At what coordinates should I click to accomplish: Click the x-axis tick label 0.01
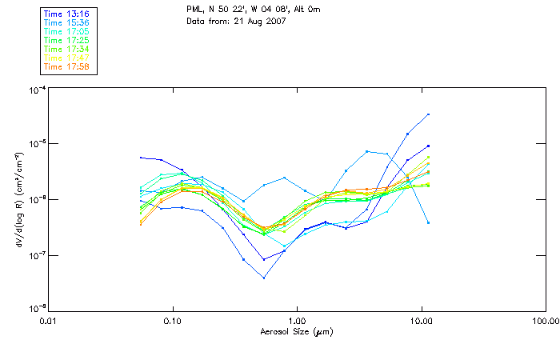[48, 321]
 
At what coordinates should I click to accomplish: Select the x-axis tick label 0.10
[172, 321]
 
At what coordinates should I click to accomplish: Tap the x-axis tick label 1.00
[297, 321]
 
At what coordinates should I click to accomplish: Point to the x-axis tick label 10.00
[421, 321]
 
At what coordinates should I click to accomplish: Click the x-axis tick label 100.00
[545, 321]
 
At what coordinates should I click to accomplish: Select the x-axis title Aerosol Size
[296, 331]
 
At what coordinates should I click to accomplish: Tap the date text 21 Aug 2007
[252, 22]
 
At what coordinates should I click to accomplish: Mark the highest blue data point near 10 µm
[429, 114]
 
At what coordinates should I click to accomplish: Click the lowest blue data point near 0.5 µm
[264, 278]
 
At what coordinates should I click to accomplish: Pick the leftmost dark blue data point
[141, 158]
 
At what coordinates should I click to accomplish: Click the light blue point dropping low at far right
[429, 222]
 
